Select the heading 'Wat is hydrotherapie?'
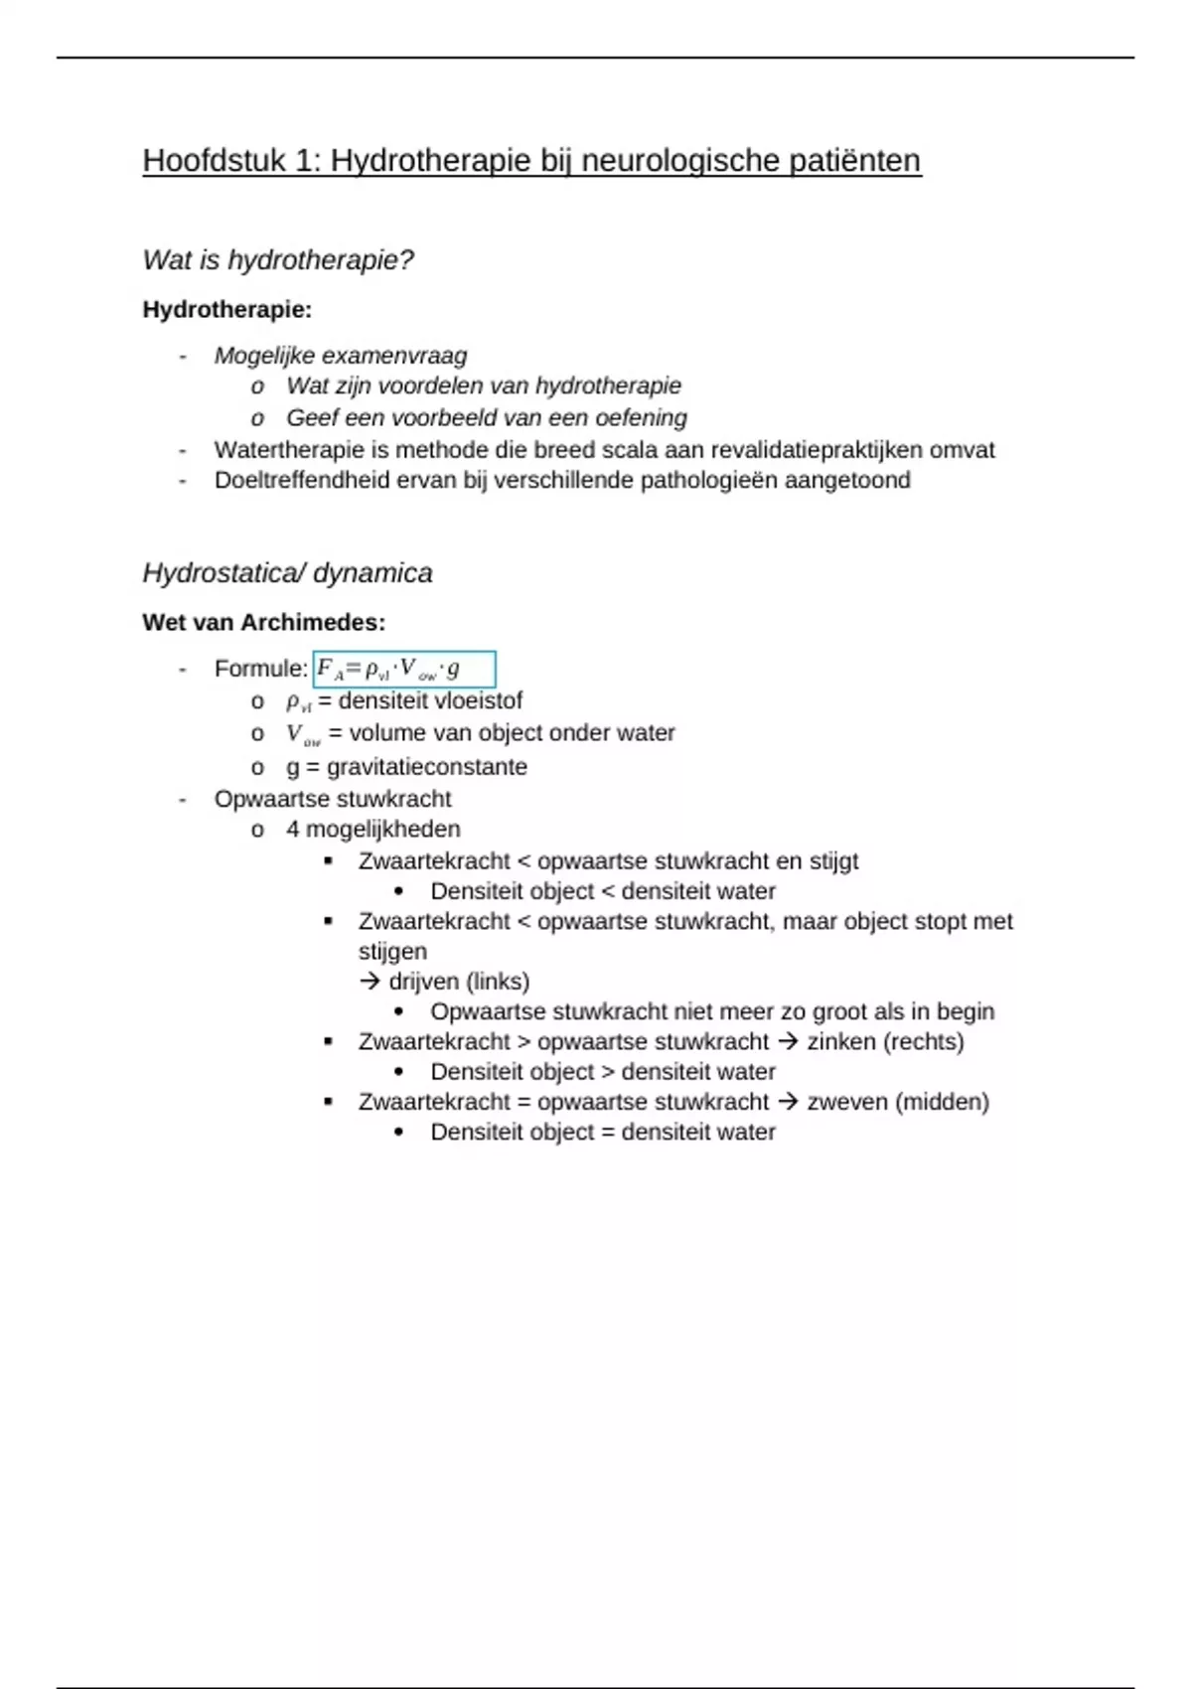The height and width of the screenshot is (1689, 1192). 278,260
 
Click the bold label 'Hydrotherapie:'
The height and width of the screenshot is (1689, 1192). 227,310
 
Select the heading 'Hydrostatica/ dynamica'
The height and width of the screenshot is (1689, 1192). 287,573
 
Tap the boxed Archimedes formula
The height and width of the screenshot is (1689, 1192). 403,670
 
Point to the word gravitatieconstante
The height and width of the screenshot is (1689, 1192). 427,767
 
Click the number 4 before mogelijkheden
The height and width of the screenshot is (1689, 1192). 293,830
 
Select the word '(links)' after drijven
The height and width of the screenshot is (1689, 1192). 498,982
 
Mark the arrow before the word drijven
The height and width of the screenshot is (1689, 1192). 370,982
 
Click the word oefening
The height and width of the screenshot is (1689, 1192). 641,418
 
